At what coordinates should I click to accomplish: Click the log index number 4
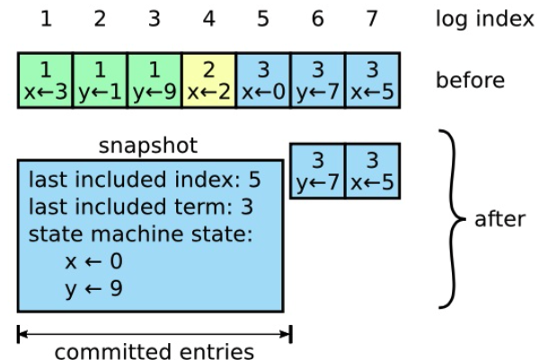click(x=208, y=19)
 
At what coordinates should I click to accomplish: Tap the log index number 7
click(x=372, y=19)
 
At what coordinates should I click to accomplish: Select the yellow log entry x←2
click(x=209, y=80)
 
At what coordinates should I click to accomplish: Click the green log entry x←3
click(x=46, y=80)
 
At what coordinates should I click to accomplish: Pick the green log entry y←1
click(x=101, y=80)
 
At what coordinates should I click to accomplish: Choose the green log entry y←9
click(x=155, y=80)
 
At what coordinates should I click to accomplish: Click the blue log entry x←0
click(x=263, y=80)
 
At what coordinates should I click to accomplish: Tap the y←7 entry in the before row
click(x=318, y=80)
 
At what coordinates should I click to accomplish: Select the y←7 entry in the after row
click(x=318, y=171)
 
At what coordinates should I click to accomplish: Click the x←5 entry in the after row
click(x=373, y=171)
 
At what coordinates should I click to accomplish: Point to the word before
click(x=470, y=80)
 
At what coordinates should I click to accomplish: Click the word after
click(x=500, y=219)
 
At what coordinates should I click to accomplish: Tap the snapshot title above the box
click(x=148, y=145)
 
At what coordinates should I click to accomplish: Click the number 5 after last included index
click(x=254, y=180)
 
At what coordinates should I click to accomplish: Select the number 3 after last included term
click(x=247, y=206)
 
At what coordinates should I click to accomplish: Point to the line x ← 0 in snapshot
click(x=93, y=261)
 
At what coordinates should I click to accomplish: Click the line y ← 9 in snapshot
click(x=93, y=289)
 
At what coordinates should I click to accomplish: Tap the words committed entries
click(x=155, y=351)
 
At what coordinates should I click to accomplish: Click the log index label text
click(x=485, y=19)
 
